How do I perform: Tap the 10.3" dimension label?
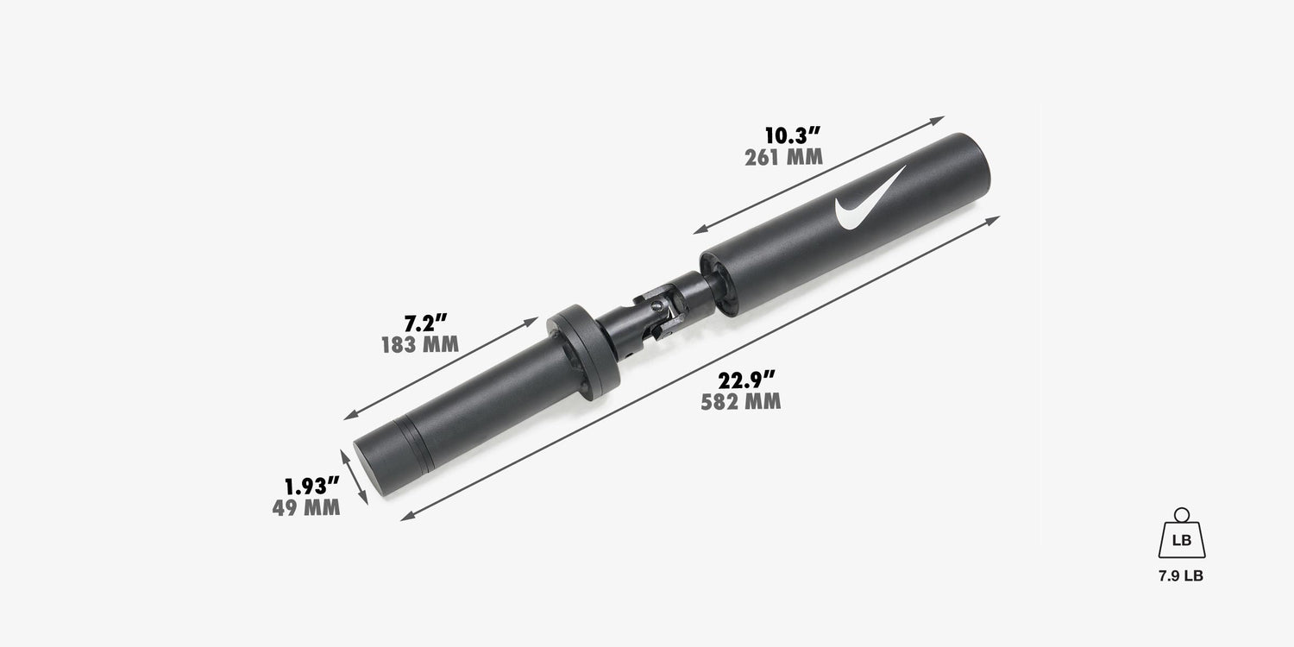point(793,135)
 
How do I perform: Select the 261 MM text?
point(783,158)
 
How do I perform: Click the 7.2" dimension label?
point(426,323)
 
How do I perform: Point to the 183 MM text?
point(420,345)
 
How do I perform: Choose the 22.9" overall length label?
point(746,380)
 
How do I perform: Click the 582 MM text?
point(740,401)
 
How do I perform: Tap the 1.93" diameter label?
point(312,486)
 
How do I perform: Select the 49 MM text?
point(306,508)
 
